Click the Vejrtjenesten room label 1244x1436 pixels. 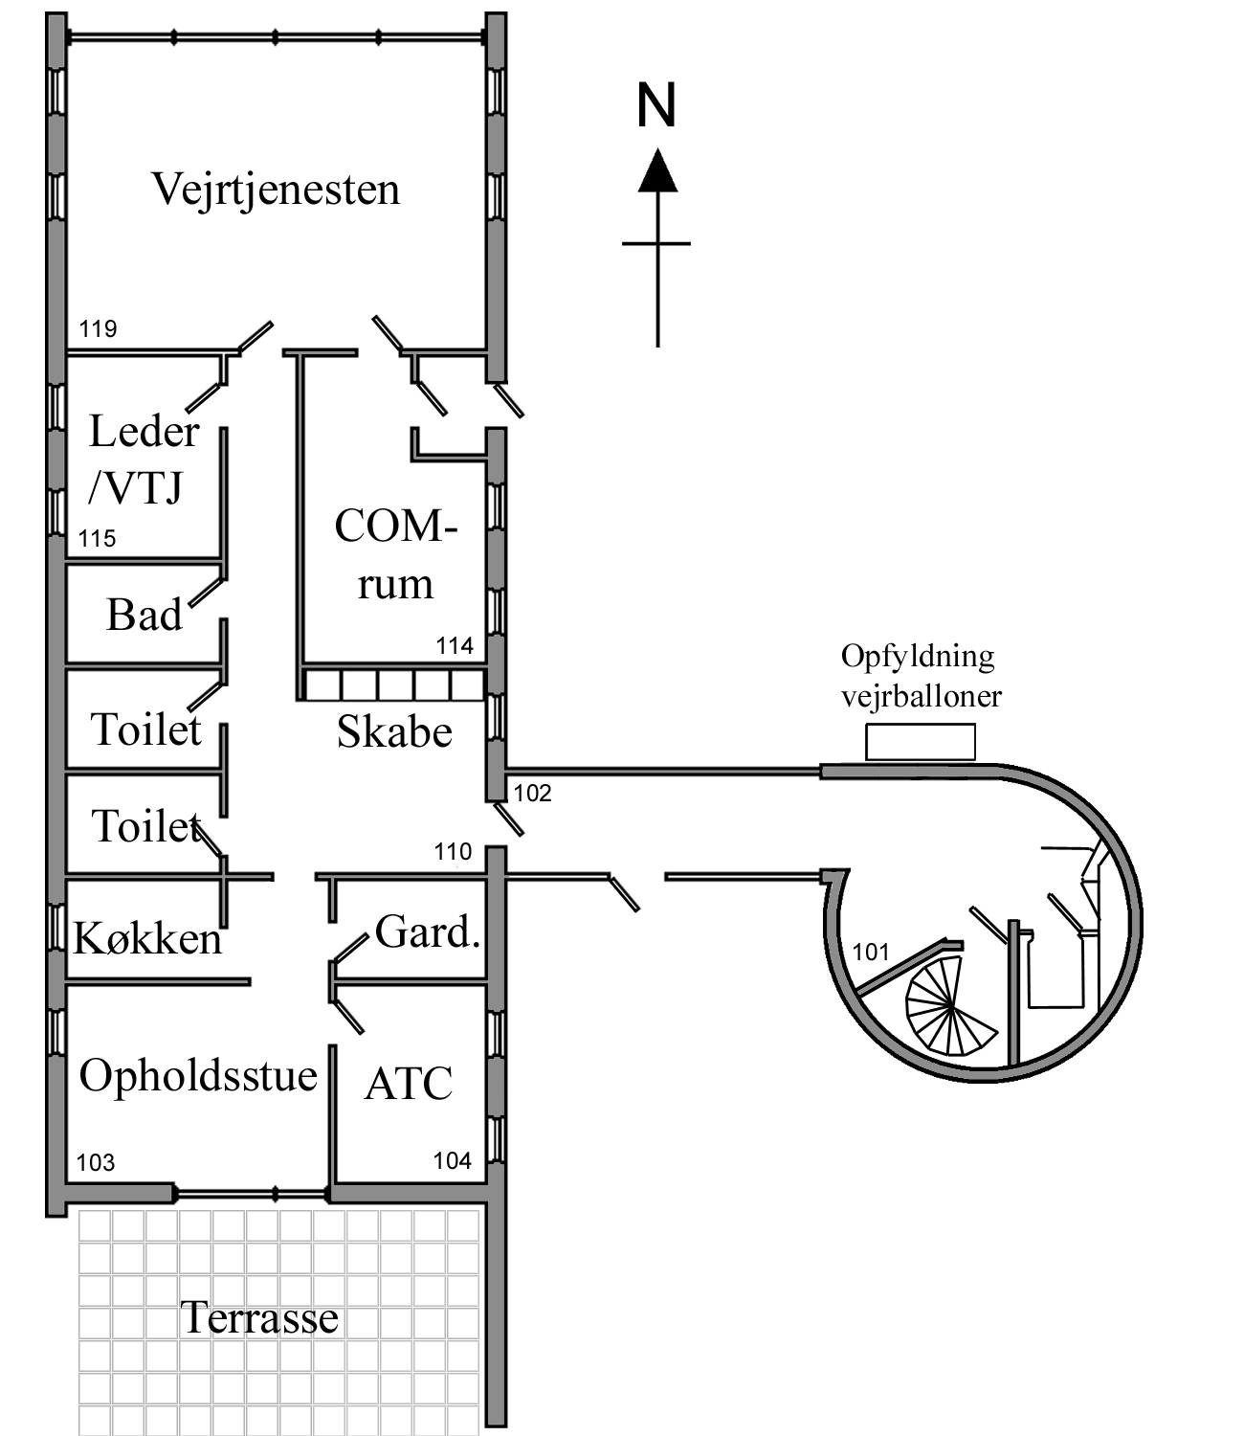click(276, 189)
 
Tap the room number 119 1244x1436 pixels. click(98, 329)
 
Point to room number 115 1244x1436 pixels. click(97, 538)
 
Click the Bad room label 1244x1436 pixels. click(144, 615)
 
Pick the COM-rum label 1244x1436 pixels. click(395, 554)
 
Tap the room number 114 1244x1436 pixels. click(455, 645)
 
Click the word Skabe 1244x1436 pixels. click(394, 731)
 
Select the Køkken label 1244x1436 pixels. click(147, 938)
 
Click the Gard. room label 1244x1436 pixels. click(427, 931)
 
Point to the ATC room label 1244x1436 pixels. click(409, 1084)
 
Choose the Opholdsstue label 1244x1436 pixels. click(198, 1075)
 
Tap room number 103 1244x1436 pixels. click(96, 1162)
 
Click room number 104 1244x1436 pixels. click(452, 1160)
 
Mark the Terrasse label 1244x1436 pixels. click(259, 1318)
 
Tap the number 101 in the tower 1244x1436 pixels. click(871, 952)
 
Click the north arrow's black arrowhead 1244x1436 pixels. click(657, 171)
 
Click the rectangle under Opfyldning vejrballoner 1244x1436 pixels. click(921, 743)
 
